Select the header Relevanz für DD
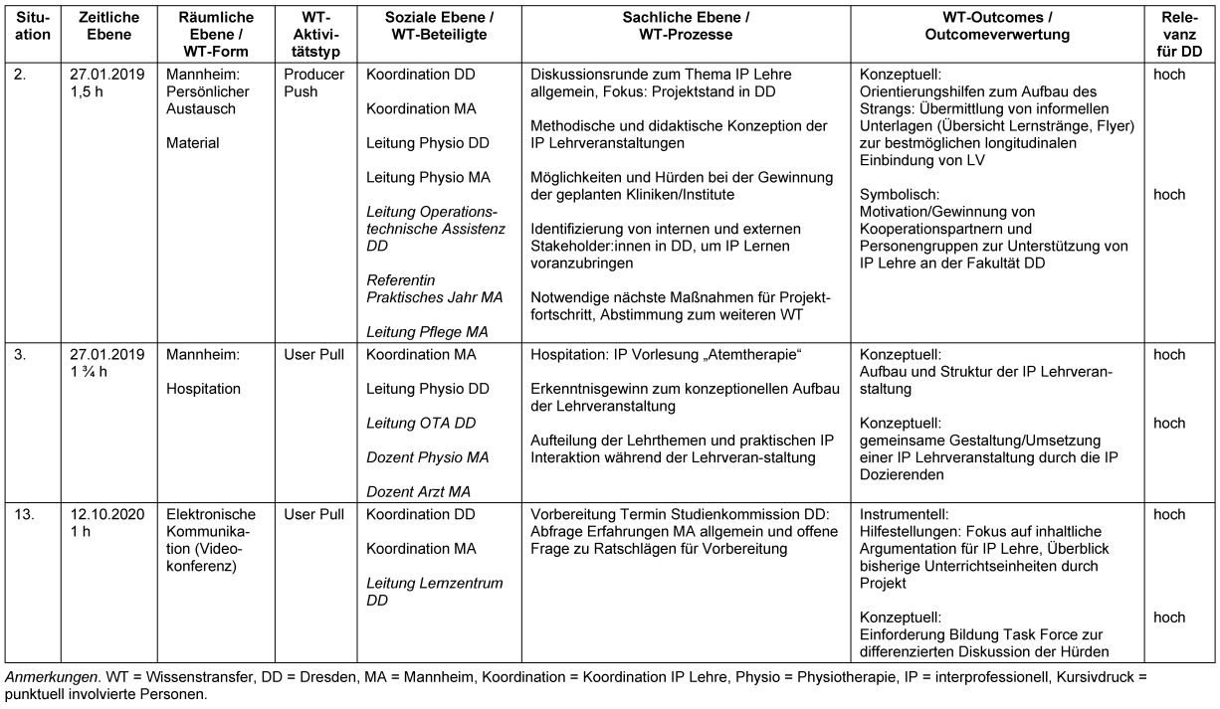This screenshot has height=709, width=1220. click(x=1186, y=34)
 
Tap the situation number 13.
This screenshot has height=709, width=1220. click(x=27, y=514)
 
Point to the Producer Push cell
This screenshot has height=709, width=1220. click(x=313, y=84)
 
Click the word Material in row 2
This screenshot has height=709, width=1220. click(x=193, y=143)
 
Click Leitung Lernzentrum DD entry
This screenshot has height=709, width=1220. click(x=435, y=592)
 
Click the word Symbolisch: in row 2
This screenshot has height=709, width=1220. click(x=899, y=195)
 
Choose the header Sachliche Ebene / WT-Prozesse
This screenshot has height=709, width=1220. click(x=687, y=26)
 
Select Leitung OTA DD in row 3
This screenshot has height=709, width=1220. click(x=421, y=423)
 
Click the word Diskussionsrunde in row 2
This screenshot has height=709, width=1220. click(x=588, y=75)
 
